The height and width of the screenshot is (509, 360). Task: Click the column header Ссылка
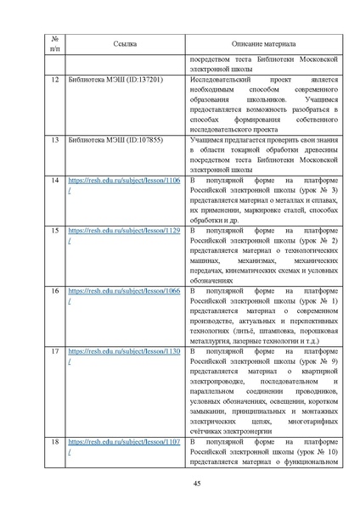tap(124, 43)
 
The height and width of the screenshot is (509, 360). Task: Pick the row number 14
tap(55, 182)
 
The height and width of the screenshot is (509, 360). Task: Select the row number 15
tap(55, 231)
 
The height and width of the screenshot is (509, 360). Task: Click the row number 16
tap(55, 290)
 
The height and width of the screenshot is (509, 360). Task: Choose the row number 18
tap(55, 442)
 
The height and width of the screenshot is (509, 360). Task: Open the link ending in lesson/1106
tap(123, 182)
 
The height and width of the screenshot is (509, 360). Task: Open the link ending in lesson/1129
tap(123, 231)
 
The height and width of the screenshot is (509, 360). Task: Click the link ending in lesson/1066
tap(123, 290)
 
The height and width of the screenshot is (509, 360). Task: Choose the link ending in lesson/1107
tap(123, 442)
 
